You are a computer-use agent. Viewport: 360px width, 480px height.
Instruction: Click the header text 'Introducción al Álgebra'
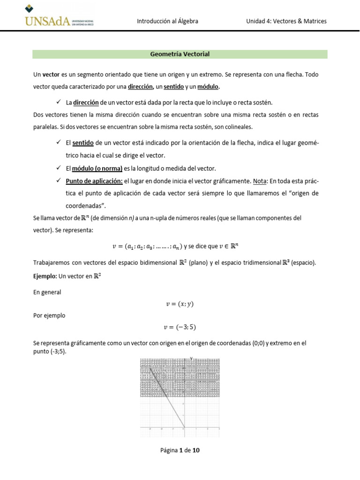167,21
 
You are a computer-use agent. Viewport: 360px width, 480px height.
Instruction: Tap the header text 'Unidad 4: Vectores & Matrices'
286,21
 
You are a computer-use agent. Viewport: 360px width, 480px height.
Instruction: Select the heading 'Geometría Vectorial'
180,54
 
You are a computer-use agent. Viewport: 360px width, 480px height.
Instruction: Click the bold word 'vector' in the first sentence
51,75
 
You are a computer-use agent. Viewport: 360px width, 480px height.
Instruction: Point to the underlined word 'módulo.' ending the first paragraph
208,87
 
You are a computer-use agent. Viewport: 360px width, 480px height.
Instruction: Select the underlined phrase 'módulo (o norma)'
97,168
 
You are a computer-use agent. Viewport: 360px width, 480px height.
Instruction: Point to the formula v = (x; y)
180,304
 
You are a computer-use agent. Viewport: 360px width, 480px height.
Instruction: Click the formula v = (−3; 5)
180,327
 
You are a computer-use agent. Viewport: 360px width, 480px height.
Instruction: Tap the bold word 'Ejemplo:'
45,276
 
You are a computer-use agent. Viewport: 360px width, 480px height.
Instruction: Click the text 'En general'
47,292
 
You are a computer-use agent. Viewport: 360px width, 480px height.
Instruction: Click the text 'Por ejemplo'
49,315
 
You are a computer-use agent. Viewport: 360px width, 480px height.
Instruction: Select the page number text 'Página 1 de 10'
180,450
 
